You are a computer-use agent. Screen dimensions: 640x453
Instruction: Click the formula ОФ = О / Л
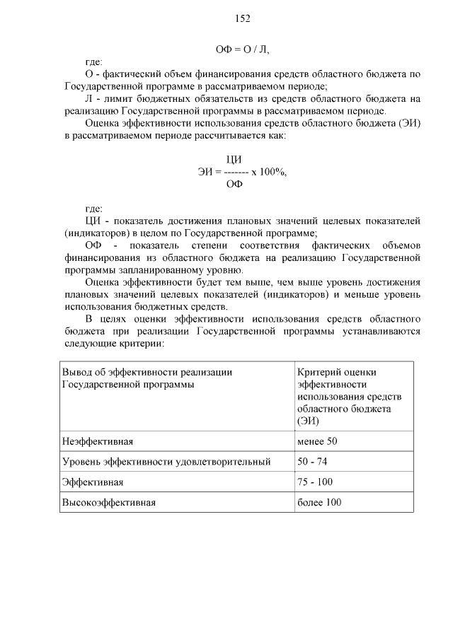click(x=243, y=50)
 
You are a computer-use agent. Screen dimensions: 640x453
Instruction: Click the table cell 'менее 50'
click(x=318, y=441)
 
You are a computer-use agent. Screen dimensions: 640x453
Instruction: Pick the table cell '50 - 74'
click(x=312, y=462)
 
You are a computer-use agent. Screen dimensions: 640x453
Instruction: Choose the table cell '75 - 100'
click(x=315, y=482)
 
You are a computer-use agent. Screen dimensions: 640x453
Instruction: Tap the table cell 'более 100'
click(x=319, y=503)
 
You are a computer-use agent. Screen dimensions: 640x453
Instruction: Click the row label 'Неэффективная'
click(x=98, y=441)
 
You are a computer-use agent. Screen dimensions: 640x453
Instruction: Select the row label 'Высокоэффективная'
click(x=108, y=503)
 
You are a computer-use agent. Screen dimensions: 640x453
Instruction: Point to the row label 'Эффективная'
click(x=93, y=482)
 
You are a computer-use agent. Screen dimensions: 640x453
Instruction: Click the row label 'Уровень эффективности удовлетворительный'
click(x=166, y=462)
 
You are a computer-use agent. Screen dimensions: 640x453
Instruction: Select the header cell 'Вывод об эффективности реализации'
click(x=147, y=372)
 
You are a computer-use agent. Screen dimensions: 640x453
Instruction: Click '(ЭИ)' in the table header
click(x=309, y=421)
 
